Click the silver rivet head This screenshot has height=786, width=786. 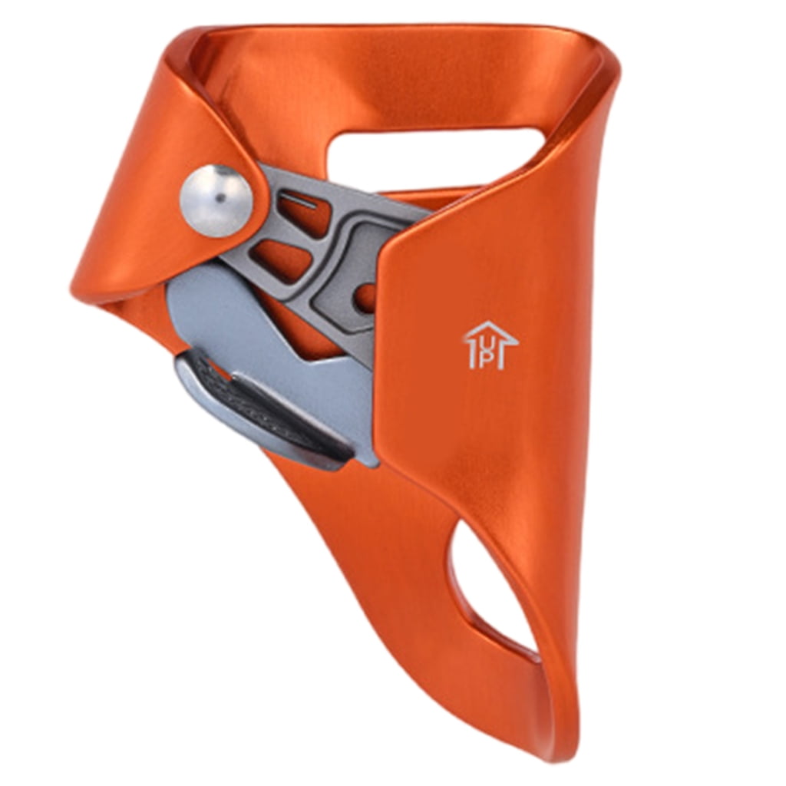(x=216, y=200)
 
